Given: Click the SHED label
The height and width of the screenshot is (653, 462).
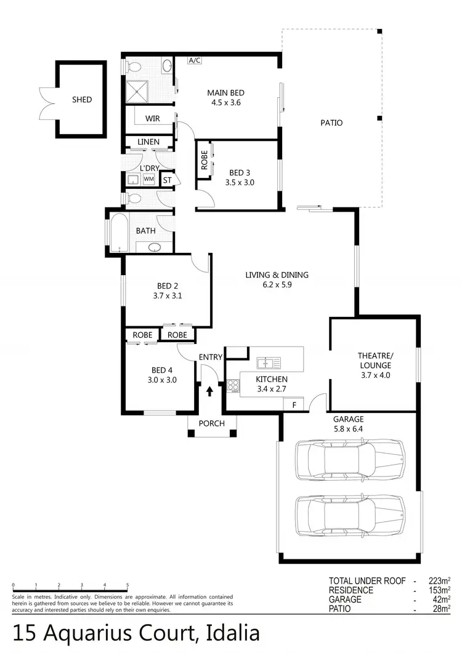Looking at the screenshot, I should (x=81, y=100).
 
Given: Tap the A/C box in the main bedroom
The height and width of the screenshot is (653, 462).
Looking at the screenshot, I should (x=195, y=60).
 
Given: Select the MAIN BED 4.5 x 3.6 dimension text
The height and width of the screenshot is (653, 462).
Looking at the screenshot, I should (x=225, y=103).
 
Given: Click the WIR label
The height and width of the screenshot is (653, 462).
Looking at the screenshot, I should (x=153, y=118).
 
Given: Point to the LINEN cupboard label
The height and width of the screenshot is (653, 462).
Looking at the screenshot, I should (x=148, y=142).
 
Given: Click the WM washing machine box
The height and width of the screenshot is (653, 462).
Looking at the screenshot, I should (x=149, y=179).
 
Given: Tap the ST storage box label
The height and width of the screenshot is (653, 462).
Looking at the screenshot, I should (x=167, y=180).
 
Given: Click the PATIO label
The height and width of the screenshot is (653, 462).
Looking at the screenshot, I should (x=331, y=123).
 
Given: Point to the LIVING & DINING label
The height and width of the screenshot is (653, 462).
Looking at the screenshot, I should (x=277, y=275).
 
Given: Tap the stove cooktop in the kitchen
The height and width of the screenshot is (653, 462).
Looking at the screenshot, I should (x=233, y=386).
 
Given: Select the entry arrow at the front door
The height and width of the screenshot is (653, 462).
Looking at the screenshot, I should (x=209, y=390).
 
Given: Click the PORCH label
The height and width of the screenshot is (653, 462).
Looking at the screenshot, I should (x=211, y=423).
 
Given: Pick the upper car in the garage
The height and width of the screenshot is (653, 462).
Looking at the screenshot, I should (x=349, y=460).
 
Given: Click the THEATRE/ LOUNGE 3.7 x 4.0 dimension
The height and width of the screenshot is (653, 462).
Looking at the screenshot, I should (x=375, y=375).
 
